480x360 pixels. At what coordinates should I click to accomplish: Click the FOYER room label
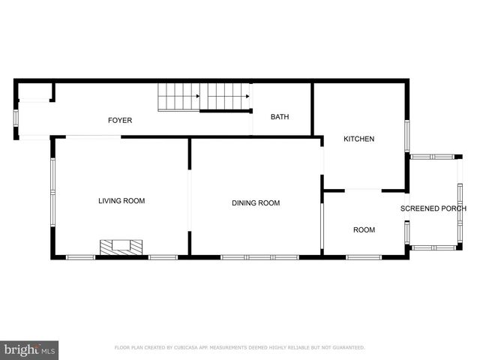(x=120, y=120)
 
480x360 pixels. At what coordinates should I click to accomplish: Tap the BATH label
(x=280, y=117)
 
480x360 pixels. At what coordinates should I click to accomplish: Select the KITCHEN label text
(x=358, y=139)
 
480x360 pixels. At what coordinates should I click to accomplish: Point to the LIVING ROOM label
(x=121, y=201)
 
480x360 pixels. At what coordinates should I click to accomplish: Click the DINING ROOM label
(x=256, y=203)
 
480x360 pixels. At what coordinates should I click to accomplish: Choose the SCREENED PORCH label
(x=433, y=208)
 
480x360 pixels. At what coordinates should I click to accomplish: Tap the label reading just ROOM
(x=364, y=230)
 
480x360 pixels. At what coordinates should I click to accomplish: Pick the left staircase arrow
(x=196, y=96)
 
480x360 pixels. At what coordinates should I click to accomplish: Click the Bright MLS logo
(x=29, y=349)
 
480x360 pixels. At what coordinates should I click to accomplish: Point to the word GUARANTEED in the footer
(x=349, y=348)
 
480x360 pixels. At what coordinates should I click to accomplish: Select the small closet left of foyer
(x=34, y=92)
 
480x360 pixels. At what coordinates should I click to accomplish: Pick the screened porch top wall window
(x=432, y=157)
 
